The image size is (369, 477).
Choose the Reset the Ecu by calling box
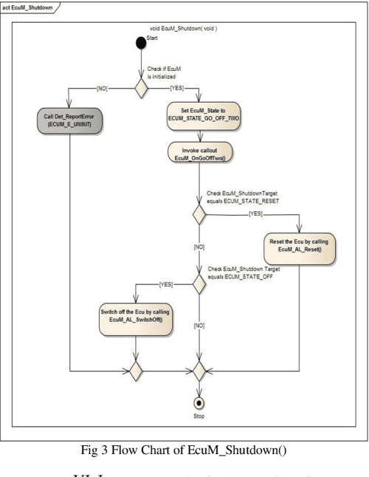[x=299, y=246]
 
